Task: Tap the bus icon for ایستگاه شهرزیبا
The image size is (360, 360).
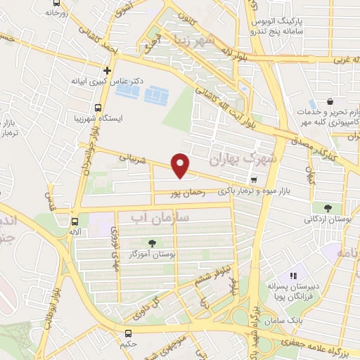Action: [x=98, y=108]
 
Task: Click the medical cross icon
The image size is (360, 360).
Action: [x=107, y=70]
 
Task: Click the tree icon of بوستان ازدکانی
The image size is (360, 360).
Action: [x=328, y=207]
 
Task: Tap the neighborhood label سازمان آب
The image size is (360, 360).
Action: [x=155, y=219]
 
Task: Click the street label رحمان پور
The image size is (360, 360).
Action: [x=187, y=191]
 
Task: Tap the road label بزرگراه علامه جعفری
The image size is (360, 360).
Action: [x=320, y=344]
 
